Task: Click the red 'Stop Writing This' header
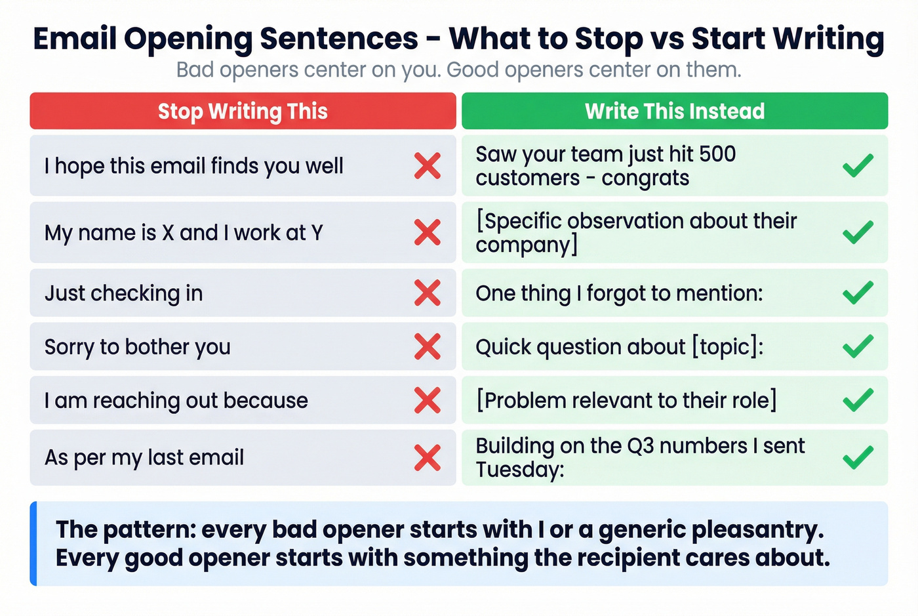click(243, 111)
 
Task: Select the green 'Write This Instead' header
click(675, 111)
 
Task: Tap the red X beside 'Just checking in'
click(428, 293)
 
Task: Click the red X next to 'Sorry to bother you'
click(428, 346)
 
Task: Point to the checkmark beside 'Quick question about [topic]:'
click(858, 346)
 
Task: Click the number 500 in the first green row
click(717, 154)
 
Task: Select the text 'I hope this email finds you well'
click(193, 166)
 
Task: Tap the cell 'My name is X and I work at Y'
click(184, 233)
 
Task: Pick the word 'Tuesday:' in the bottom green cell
click(519, 470)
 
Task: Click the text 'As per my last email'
click(144, 457)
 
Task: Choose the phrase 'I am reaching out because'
click(176, 400)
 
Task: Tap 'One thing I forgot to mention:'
click(619, 293)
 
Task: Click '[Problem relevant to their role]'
click(626, 400)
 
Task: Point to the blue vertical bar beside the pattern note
click(33, 543)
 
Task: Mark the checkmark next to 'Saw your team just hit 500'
click(858, 165)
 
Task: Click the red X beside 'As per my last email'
click(428, 457)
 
